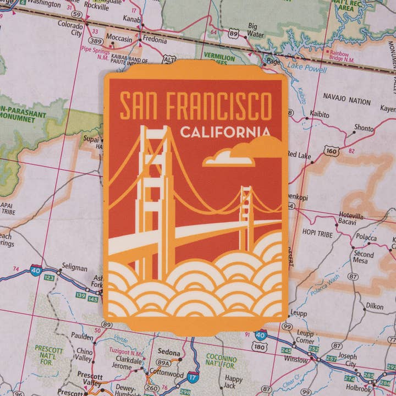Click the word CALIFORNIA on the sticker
(x=225, y=133)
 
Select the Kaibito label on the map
(x=320, y=115)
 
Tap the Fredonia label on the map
(x=155, y=40)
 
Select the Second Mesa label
(x=364, y=257)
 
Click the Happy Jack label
(x=233, y=382)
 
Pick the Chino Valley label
(x=84, y=355)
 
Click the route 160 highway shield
(x=331, y=150)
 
